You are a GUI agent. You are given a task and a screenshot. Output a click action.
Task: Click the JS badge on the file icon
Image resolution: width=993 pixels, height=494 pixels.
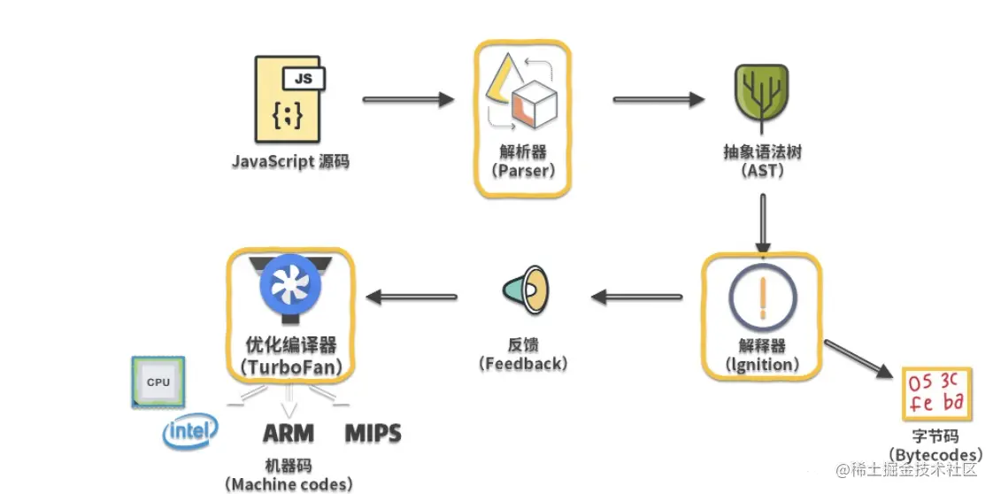[304, 78]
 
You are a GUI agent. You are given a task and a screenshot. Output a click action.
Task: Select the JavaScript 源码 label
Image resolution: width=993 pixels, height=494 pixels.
[290, 162]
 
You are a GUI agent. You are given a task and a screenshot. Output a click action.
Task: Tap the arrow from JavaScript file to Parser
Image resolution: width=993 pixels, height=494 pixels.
[408, 100]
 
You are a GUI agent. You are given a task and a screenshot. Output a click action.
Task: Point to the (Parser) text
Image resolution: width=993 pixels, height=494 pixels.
[522, 171]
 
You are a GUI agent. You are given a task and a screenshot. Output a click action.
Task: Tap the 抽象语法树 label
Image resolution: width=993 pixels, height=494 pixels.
[762, 152]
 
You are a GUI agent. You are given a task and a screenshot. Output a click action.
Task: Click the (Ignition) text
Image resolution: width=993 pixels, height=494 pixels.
[762, 363]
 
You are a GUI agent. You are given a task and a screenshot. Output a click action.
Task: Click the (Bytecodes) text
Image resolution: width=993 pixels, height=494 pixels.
[935, 454]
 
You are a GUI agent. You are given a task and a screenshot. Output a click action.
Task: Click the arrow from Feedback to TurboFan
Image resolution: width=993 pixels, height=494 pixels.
[412, 297]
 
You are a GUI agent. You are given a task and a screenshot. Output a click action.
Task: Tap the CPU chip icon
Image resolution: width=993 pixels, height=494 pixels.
[158, 382]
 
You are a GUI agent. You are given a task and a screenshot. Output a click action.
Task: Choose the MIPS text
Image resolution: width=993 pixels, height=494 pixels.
[373, 434]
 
